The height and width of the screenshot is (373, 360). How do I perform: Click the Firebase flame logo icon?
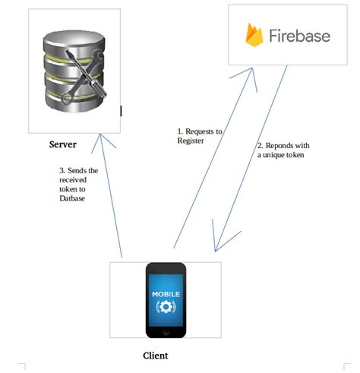pos(253,34)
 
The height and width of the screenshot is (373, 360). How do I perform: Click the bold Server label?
pos(64,144)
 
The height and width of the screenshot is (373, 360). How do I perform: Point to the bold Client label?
pos(156,355)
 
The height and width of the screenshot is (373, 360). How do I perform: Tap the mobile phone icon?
pos(166,299)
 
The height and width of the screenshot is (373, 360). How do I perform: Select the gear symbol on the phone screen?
pos(166,306)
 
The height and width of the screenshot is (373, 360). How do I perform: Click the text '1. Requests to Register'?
pos(199,136)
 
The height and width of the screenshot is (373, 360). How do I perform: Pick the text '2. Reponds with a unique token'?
pos(283,150)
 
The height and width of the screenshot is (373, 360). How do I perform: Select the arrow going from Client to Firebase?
pos(213,160)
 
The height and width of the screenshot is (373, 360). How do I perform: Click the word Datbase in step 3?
pos(74,198)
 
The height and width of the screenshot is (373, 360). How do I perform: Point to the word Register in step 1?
pos(191,141)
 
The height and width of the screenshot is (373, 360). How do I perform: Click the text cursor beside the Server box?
pos(121,111)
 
